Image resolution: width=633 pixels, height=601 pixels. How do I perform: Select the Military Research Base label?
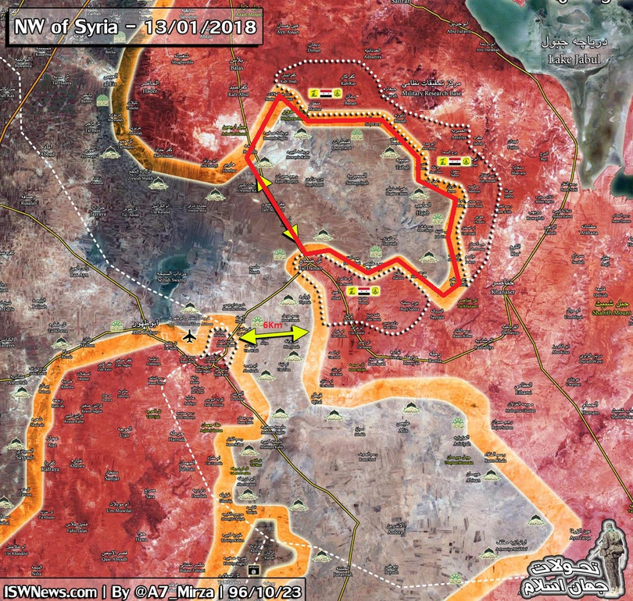431,92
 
